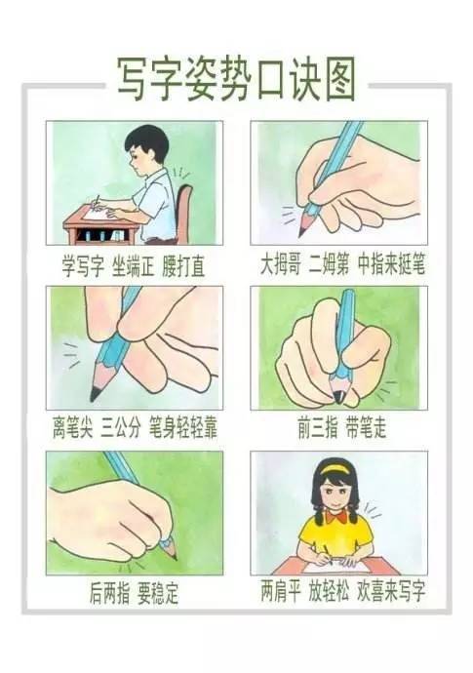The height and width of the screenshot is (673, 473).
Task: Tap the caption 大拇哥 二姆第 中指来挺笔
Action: [342, 264]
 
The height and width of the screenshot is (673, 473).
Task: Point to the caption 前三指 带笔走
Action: [342, 427]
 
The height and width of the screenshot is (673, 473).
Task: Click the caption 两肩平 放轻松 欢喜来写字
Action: [342, 592]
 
